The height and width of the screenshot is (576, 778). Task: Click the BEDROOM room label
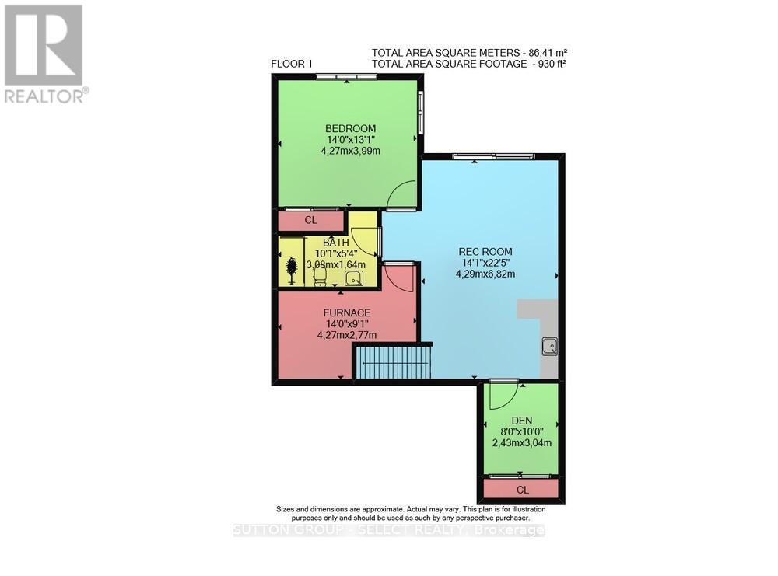(x=350, y=128)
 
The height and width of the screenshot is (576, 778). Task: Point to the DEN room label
(x=521, y=420)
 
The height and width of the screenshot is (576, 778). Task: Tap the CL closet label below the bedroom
(x=311, y=221)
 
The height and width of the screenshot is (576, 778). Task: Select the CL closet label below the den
(x=522, y=490)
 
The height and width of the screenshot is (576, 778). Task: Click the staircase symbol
(x=393, y=362)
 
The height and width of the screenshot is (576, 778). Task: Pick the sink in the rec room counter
(x=549, y=345)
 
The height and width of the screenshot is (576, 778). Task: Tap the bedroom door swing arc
(x=402, y=195)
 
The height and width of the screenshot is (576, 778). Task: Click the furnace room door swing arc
(x=398, y=277)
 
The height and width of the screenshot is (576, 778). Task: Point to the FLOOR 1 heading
(x=293, y=64)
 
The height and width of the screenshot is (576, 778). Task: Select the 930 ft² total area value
(x=548, y=64)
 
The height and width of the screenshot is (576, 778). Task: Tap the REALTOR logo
(x=45, y=54)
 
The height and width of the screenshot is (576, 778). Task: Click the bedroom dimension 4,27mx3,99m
(x=350, y=152)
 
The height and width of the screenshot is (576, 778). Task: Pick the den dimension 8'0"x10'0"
(x=521, y=431)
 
